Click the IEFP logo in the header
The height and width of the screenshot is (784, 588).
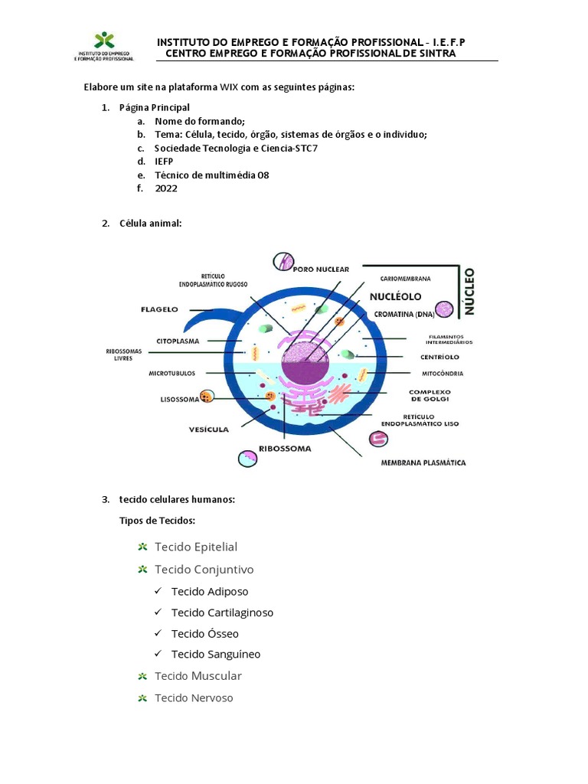(x=104, y=47)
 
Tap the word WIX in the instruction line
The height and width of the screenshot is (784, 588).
(x=229, y=87)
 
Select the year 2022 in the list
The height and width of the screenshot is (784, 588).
(x=166, y=188)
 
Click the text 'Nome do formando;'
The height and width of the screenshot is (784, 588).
(x=200, y=122)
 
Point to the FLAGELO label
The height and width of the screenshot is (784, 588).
(x=159, y=309)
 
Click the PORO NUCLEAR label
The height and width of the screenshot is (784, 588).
(x=321, y=269)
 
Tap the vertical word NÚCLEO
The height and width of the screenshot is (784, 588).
(x=469, y=292)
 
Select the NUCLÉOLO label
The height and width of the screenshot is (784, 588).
(x=396, y=297)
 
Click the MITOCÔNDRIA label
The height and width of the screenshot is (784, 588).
(x=443, y=374)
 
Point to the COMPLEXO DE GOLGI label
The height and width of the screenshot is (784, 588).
(x=430, y=396)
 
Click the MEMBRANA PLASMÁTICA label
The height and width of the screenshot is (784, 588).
(x=423, y=463)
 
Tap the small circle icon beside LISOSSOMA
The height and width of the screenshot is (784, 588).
(x=207, y=397)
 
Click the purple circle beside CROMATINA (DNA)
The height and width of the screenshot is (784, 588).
(x=444, y=309)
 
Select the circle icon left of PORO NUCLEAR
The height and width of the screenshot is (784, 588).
(x=283, y=262)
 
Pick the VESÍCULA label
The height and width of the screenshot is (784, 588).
(x=208, y=430)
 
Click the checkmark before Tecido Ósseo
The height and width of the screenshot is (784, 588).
(x=158, y=633)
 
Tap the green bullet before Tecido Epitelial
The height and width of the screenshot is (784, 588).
(x=142, y=547)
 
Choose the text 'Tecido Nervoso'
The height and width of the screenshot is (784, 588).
(x=194, y=698)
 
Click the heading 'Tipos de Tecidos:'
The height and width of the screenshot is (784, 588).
(x=157, y=521)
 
